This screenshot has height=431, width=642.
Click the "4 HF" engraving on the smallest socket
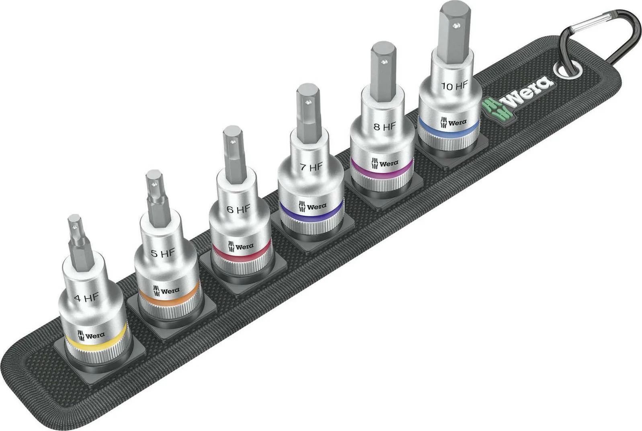[x=86, y=298]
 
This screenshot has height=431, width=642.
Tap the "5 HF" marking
[x=163, y=253]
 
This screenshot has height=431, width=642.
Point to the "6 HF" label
[x=238, y=209]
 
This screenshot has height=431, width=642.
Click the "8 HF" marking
[x=385, y=126]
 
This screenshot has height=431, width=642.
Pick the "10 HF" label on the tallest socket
[x=455, y=85]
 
